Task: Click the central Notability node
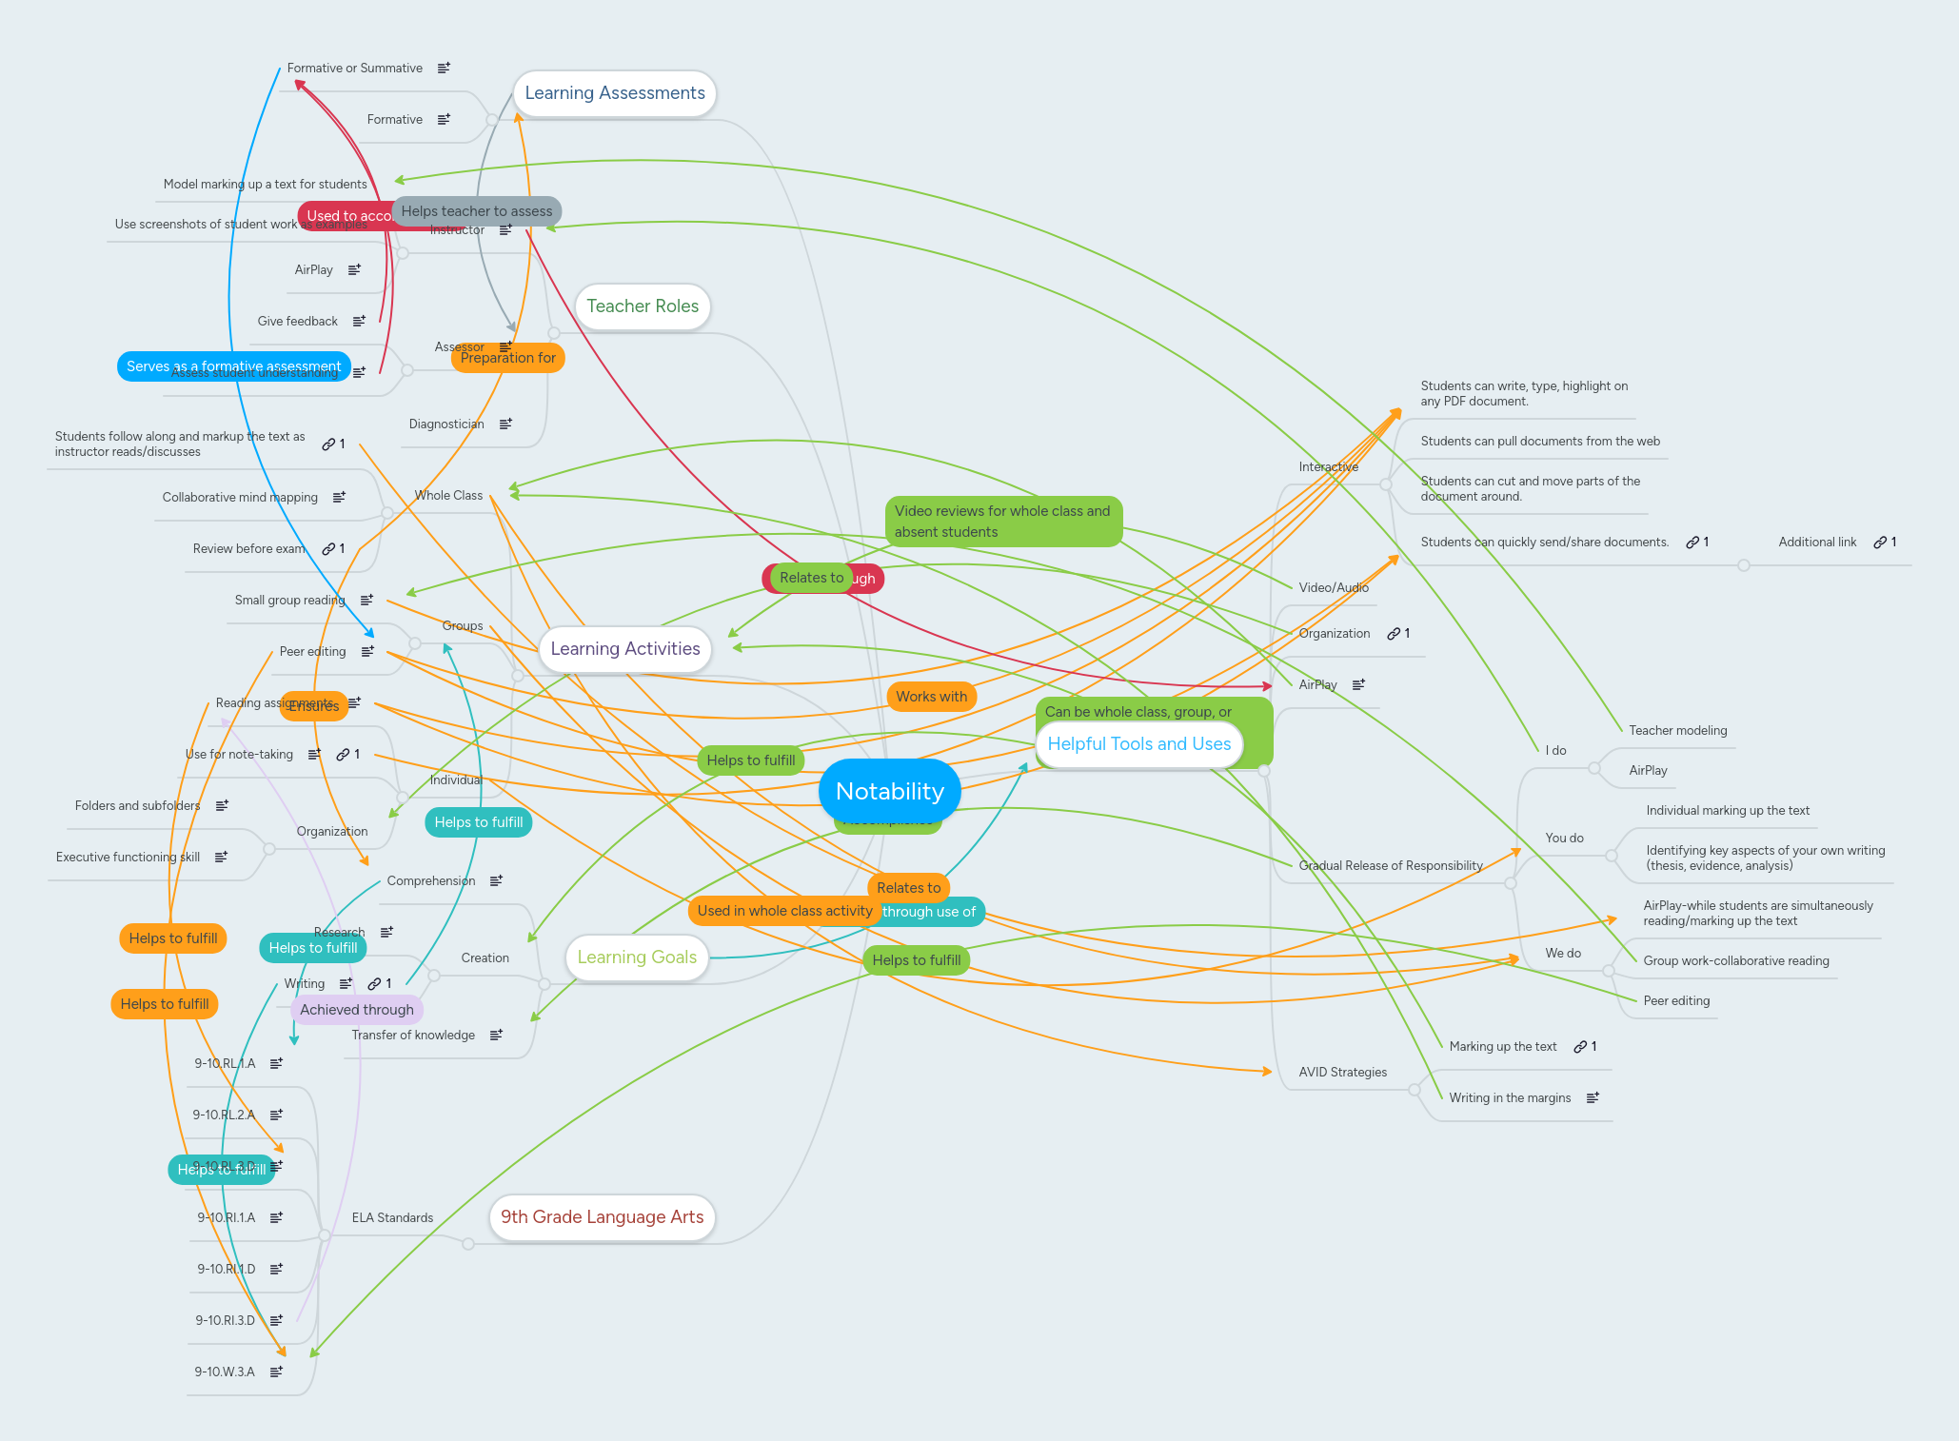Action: tap(889, 791)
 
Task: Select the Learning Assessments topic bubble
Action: tap(614, 93)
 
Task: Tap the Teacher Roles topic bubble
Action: tap(642, 306)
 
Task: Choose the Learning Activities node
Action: tap(624, 649)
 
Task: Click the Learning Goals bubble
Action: tap(636, 957)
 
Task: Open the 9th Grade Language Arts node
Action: tap(602, 1217)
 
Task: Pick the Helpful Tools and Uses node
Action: tap(1138, 744)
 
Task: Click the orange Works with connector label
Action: tap(931, 697)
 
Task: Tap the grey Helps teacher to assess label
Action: tap(476, 211)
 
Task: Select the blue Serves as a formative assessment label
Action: tap(233, 366)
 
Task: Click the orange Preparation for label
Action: tap(507, 358)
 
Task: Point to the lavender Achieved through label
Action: tap(356, 1010)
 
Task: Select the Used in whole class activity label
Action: tap(784, 911)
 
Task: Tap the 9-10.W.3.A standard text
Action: tap(225, 1372)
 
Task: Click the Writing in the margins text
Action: tap(1510, 1098)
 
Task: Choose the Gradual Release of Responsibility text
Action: tap(1391, 866)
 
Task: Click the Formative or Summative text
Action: tap(354, 69)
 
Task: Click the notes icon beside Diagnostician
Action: tap(505, 424)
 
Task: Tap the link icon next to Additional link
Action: tap(1880, 543)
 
